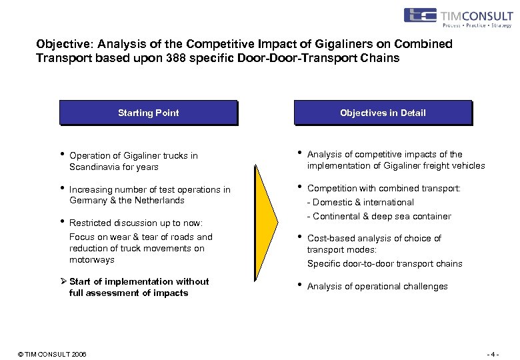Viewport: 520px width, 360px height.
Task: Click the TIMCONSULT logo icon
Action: pos(420,15)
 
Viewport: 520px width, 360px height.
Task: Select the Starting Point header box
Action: pos(148,113)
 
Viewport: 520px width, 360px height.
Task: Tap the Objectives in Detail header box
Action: pos(383,113)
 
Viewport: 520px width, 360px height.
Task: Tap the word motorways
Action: pos(92,259)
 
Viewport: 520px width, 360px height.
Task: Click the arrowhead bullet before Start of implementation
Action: pos(63,281)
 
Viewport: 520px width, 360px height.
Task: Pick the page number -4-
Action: pos(493,353)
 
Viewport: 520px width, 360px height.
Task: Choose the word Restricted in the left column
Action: pos(89,223)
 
